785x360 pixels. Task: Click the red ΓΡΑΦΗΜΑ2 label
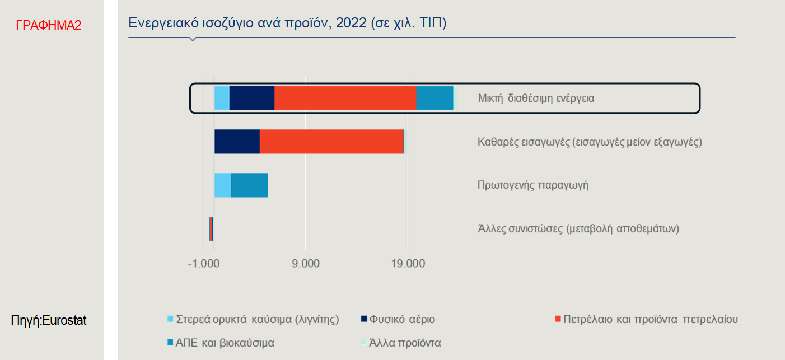coord(48,25)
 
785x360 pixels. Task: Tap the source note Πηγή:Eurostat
coord(48,320)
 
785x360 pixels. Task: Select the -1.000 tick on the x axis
coord(204,263)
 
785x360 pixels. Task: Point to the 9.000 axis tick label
coord(306,263)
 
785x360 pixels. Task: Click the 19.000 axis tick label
coord(408,263)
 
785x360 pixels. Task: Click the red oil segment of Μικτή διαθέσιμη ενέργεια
coord(345,98)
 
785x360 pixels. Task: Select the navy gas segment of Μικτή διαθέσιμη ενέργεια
coord(252,98)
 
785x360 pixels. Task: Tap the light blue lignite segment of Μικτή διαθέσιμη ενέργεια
coord(222,98)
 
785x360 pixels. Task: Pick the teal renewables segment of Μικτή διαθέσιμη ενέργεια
coord(434,98)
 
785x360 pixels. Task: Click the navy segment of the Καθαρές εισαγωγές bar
coord(237,142)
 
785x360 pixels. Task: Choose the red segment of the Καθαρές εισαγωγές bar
coord(331,142)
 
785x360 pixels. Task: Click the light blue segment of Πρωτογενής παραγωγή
coord(223,185)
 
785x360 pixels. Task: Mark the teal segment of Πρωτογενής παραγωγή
coord(249,185)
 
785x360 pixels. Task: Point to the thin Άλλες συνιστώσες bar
coord(211,229)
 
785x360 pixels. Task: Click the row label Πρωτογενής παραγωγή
coord(532,185)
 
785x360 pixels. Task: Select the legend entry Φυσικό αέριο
coord(398,319)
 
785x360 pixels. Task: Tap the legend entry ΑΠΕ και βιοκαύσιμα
coord(221,343)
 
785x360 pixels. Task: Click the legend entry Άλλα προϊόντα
coord(401,343)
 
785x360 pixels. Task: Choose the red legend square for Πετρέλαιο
coord(558,319)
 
